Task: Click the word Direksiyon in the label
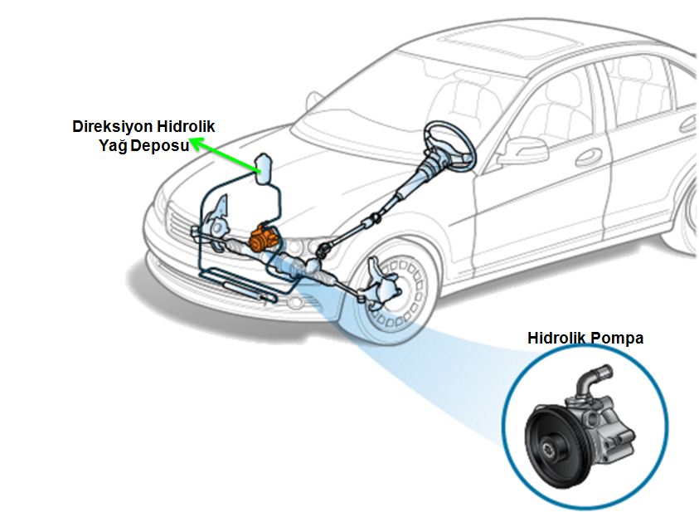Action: click(109, 127)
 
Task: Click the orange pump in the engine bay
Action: click(264, 238)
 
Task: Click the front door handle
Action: click(589, 157)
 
